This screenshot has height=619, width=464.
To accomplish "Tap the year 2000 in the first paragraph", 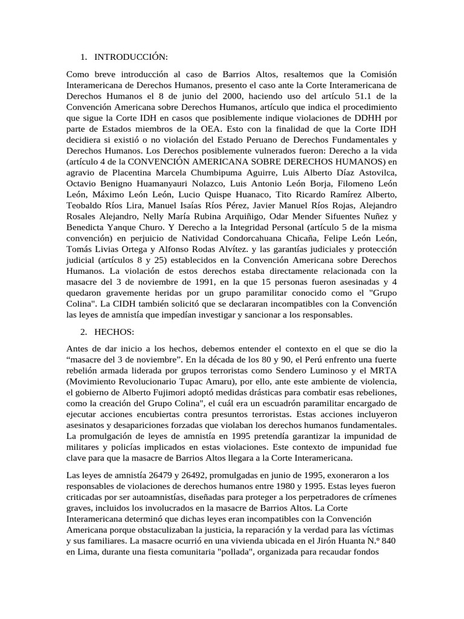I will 211,96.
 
